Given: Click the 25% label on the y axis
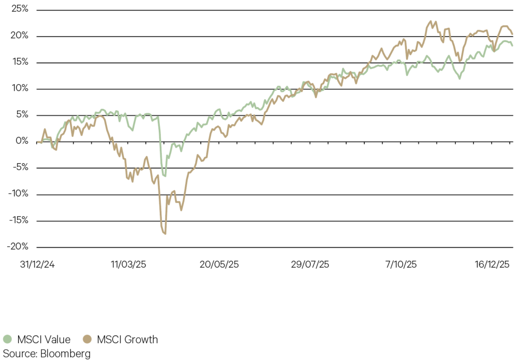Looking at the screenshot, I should (x=18, y=10).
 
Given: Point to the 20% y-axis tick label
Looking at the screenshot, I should (x=18, y=36).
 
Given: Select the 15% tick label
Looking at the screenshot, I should (x=18, y=62).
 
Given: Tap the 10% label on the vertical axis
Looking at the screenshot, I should (x=18, y=88).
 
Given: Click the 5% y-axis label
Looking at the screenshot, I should (x=20, y=115).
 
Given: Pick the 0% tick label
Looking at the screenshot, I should (x=20, y=141).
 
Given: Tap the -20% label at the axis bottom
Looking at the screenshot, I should (x=16, y=247).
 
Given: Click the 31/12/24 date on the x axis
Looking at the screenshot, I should (x=37, y=264).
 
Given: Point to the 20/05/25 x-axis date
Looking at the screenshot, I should (x=219, y=264).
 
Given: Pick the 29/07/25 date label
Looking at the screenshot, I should (x=311, y=264).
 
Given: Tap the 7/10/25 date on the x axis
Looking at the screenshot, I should (x=401, y=264).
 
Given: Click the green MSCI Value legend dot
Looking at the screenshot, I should (x=7, y=339).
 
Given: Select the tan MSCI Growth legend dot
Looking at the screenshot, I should (x=88, y=339).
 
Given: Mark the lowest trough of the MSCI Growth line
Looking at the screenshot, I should (x=165, y=234).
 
